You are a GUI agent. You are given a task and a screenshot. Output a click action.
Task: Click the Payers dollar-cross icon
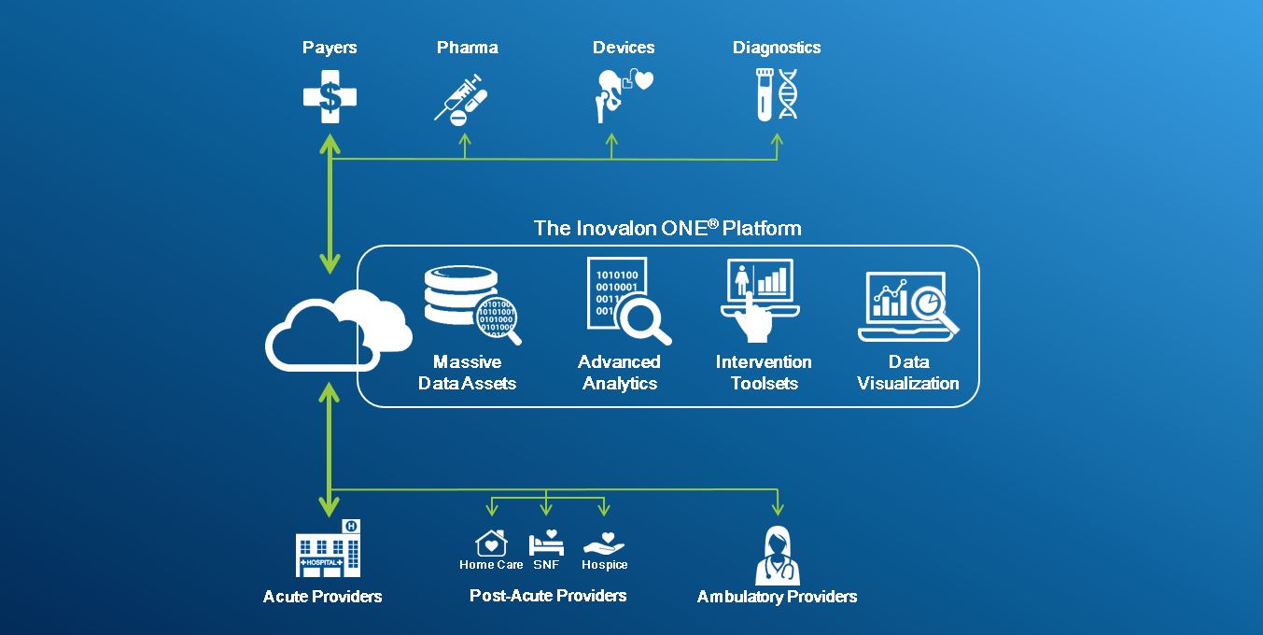(x=330, y=96)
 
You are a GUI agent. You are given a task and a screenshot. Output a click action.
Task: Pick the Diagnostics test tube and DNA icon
(x=777, y=94)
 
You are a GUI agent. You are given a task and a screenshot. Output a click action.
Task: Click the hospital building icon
(x=328, y=549)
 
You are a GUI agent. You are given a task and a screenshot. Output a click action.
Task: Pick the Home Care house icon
(x=491, y=543)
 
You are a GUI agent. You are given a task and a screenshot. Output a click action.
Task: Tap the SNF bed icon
(x=546, y=543)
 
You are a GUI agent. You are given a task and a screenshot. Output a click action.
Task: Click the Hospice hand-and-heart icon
(x=604, y=543)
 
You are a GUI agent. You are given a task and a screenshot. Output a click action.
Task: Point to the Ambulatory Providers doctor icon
(x=777, y=557)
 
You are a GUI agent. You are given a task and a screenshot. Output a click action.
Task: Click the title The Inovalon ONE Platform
(x=667, y=228)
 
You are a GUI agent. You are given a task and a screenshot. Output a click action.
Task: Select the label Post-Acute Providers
(x=548, y=596)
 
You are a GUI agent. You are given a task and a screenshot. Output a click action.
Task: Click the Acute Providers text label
(x=322, y=597)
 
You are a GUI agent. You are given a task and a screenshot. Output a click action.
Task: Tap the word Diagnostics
(x=777, y=48)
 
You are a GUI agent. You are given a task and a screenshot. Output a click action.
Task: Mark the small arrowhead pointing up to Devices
(x=612, y=139)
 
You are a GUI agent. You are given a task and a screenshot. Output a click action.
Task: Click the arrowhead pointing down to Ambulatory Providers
(x=777, y=509)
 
